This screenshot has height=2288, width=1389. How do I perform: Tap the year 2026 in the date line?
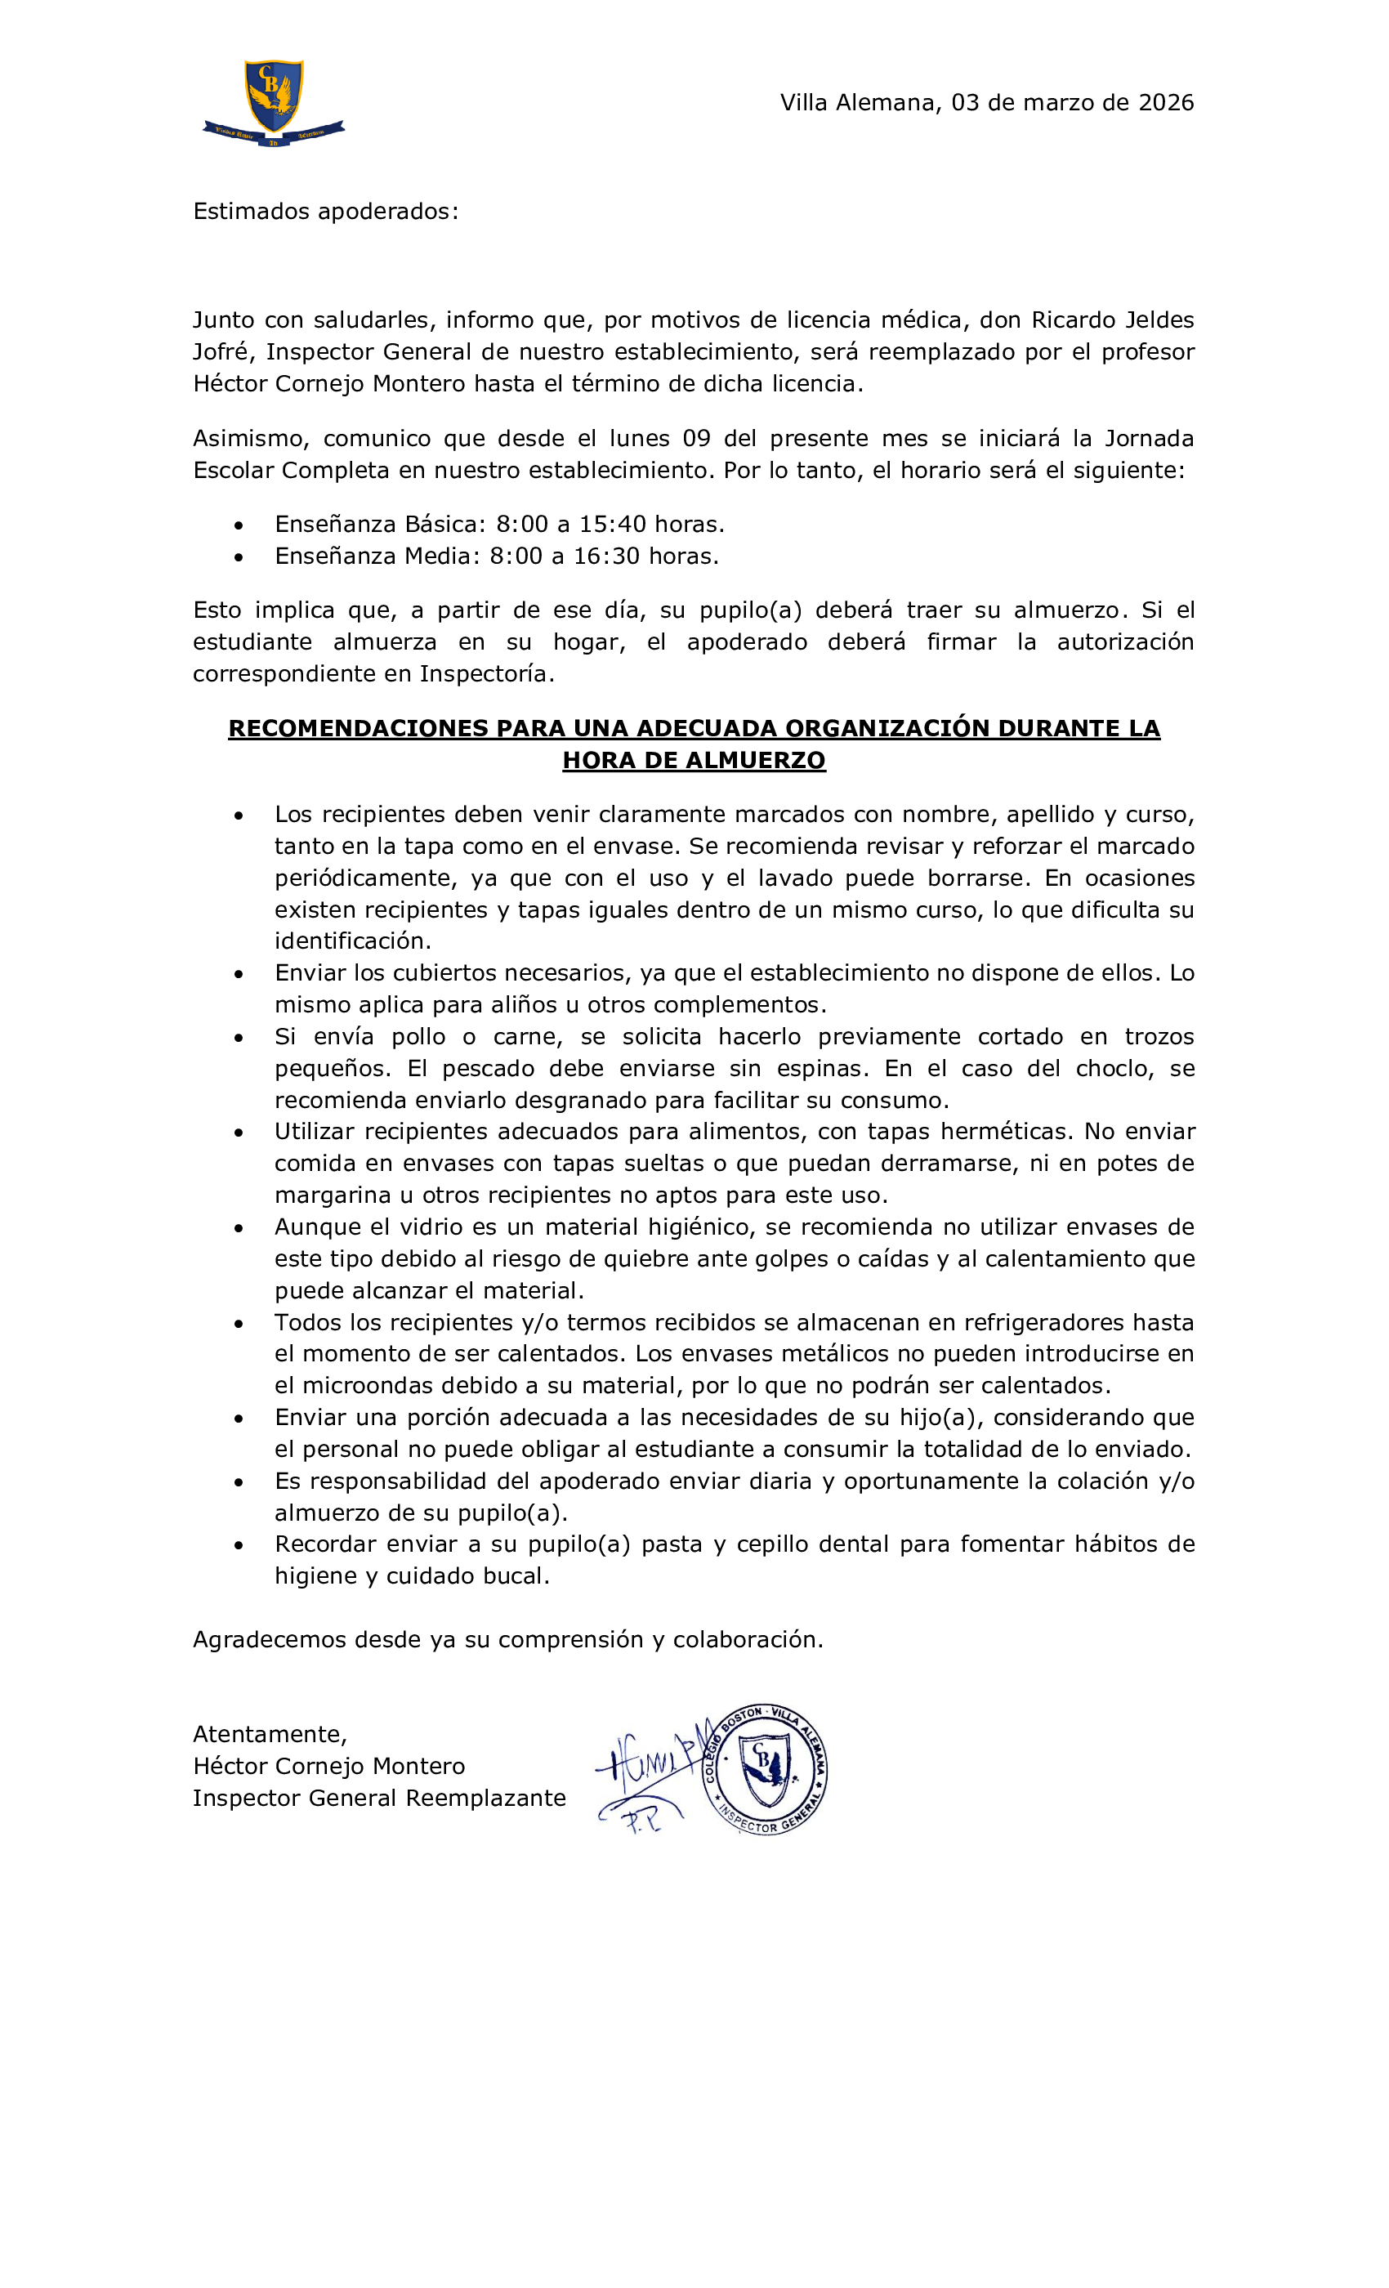[1165, 102]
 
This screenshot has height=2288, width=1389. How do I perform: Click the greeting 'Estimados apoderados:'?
[325, 212]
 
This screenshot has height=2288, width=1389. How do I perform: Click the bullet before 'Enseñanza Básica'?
[239, 525]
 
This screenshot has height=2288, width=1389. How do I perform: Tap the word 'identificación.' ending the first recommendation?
[353, 941]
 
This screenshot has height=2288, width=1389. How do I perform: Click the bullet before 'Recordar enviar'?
[239, 1546]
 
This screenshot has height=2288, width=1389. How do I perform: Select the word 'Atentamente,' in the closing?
[270, 1735]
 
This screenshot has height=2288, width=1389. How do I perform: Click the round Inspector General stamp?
[764, 1769]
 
